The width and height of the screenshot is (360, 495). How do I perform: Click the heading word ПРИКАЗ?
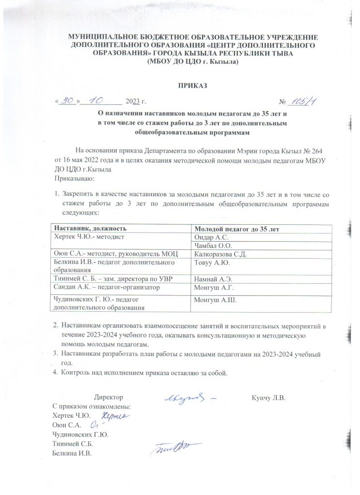192,86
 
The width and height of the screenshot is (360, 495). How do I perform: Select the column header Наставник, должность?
91,228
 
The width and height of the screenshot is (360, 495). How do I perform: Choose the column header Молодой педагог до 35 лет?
238,228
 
